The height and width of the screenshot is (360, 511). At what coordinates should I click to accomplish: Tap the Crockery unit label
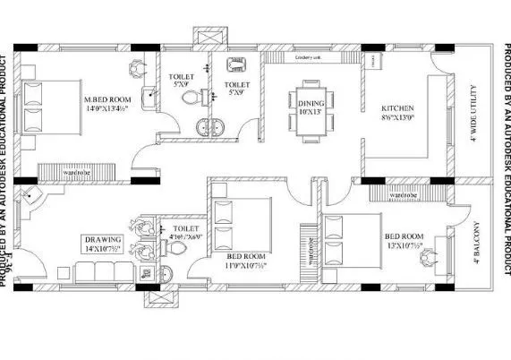pyautogui.click(x=308, y=60)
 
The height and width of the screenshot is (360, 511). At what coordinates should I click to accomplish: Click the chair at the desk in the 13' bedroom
pyautogui.click(x=426, y=256)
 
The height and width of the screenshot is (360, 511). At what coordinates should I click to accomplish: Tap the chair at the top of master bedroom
pyautogui.click(x=135, y=67)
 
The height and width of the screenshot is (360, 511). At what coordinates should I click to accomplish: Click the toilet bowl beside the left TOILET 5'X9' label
pyautogui.click(x=189, y=97)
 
